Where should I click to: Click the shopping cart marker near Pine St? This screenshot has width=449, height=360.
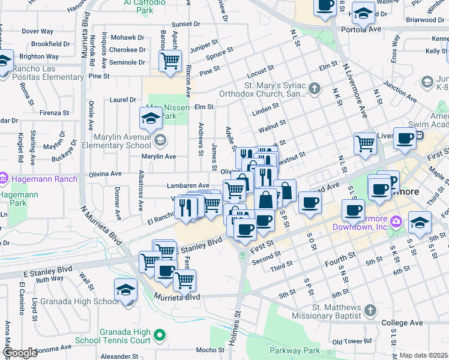click(x=170, y=60)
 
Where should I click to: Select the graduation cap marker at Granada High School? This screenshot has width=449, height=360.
click(x=125, y=290)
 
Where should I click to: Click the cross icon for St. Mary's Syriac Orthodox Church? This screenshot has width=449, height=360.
click(x=315, y=89)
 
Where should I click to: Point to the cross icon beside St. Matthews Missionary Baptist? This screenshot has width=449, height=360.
click(x=370, y=310)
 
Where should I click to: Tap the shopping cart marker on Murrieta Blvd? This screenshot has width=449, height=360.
click(x=184, y=279)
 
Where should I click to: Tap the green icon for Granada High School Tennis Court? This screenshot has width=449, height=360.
click(x=160, y=334)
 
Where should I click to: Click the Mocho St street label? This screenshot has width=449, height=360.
click(x=209, y=350)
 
